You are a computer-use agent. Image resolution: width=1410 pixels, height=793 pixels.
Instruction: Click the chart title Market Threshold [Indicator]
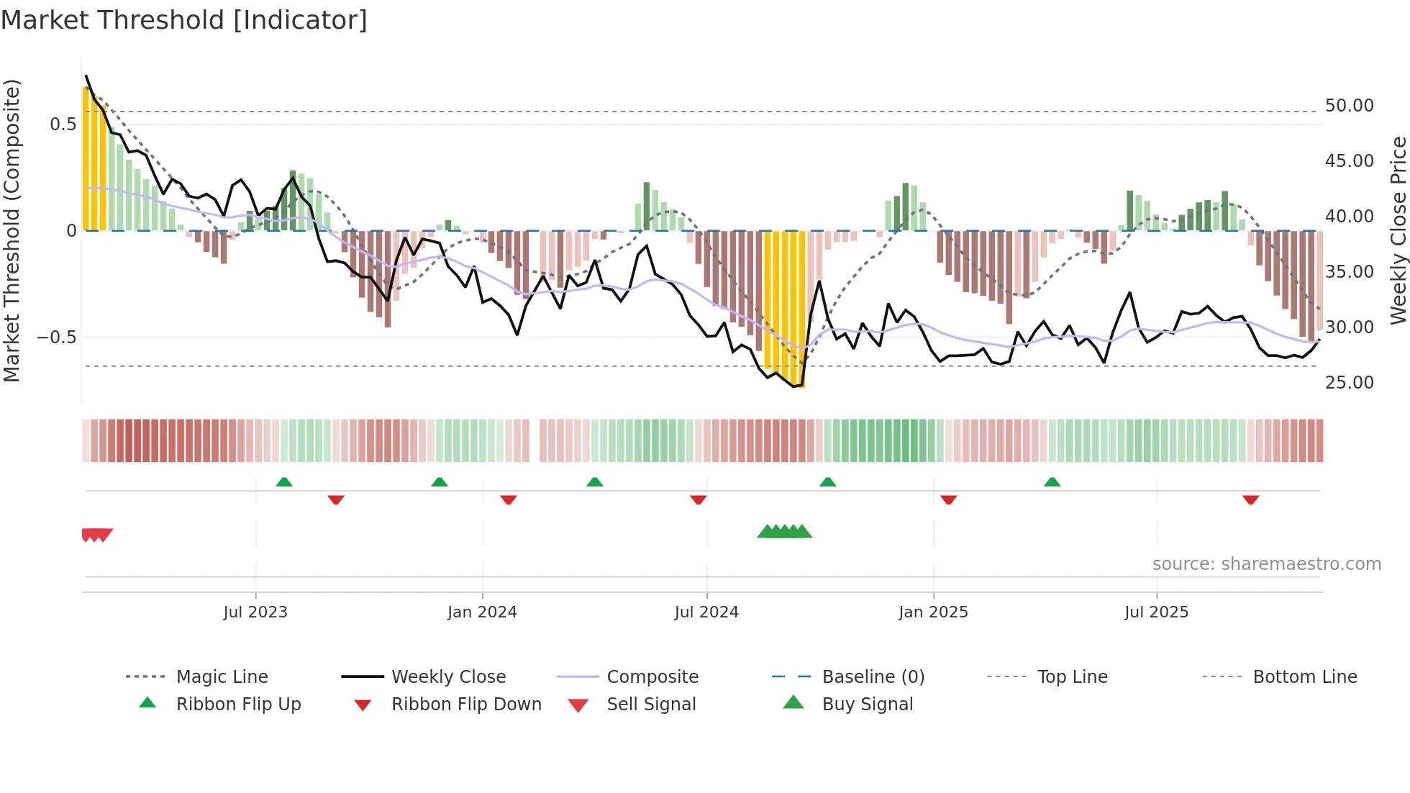tap(184, 20)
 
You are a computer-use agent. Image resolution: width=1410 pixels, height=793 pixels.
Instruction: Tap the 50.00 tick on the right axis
tap(1349, 106)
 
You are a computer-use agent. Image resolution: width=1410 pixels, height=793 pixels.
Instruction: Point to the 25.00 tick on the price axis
tap(1349, 383)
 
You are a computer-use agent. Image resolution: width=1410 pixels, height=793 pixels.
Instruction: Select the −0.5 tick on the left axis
tap(57, 337)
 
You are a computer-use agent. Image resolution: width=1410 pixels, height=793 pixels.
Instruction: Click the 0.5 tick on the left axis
tap(63, 124)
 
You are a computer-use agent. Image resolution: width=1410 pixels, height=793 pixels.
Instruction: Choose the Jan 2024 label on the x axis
tap(482, 612)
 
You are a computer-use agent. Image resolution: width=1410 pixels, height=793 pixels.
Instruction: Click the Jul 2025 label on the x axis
tap(1156, 612)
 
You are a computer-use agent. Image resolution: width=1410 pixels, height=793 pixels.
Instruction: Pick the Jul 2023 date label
tap(255, 612)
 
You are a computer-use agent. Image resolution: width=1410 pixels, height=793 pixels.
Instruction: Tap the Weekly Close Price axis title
tap(1398, 230)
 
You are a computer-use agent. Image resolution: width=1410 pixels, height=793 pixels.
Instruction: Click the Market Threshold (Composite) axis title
tap(12, 230)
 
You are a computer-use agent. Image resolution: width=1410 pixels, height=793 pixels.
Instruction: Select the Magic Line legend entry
tap(222, 677)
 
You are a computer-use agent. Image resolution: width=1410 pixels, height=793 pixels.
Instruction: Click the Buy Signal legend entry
tap(867, 704)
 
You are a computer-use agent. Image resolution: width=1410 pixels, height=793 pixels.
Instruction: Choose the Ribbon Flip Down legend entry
tap(466, 704)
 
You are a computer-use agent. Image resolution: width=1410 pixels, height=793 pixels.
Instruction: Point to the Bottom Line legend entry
tap(1304, 677)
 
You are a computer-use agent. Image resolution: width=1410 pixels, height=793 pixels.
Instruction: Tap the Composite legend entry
tap(652, 677)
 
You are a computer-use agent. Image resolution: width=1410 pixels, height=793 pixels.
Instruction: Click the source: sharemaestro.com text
tap(1266, 564)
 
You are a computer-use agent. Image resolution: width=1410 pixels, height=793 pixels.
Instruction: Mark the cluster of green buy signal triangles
tap(784, 533)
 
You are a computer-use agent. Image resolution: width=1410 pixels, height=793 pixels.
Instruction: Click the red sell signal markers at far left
tap(96, 535)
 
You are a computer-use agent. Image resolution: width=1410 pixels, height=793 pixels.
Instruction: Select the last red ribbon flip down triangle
tap(1250, 499)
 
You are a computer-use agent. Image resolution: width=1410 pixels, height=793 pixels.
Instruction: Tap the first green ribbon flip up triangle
tap(284, 482)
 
